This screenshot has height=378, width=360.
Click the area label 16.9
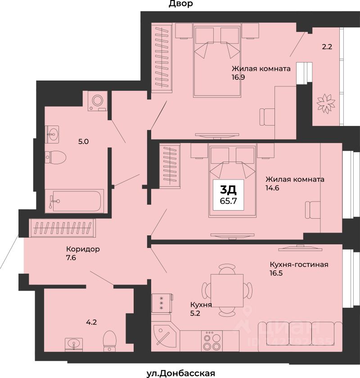click(x=238, y=77)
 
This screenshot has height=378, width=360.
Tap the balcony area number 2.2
click(x=327, y=46)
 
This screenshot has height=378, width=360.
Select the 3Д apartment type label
click(x=228, y=190)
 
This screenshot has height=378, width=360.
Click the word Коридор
click(x=83, y=249)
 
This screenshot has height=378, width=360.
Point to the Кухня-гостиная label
click(x=299, y=265)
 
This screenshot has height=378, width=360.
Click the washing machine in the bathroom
click(x=97, y=101)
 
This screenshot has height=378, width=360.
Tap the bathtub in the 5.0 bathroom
click(x=74, y=201)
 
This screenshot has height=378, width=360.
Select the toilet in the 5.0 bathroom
click(x=55, y=157)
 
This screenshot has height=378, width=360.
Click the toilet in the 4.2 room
click(x=109, y=341)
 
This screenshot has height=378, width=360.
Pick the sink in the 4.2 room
click(x=73, y=343)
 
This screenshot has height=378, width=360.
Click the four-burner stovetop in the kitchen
click(x=212, y=340)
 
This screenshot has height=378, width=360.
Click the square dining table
click(x=227, y=290)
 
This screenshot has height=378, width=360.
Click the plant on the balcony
click(x=326, y=103)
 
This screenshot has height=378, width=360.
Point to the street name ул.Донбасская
click(x=180, y=373)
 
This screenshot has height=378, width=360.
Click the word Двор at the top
click(x=180, y=4)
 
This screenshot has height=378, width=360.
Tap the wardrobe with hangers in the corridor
click(x=63, y=228)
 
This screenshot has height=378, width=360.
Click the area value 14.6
click(x=272, y=188)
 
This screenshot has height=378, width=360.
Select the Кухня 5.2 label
click(x=201, y=309)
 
